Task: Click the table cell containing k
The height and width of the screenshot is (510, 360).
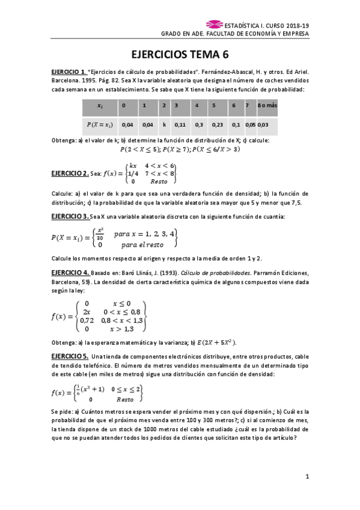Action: click(x=164, y=124)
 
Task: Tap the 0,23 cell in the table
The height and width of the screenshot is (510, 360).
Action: click(x=218, y=124)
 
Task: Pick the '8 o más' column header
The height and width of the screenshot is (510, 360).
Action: click(x=267, y=106)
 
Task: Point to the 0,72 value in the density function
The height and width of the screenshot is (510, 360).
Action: click(x=88, y=321)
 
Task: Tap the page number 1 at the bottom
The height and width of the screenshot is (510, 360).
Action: click(x=307, y=477)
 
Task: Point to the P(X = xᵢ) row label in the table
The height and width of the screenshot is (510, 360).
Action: click(x=100, y=124)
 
